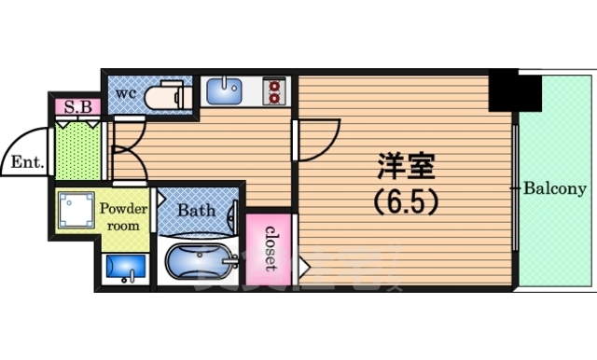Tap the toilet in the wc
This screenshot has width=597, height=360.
(170, 94)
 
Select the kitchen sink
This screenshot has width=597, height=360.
(223, 91)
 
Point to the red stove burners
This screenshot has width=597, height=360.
(273, 90)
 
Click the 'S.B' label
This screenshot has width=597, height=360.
(77, 107)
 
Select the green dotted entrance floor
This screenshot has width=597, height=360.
(76, 149)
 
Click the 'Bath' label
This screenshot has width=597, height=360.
(197, 211)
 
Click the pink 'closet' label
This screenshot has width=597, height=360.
(271, 247)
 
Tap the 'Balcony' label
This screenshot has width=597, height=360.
(554, 188)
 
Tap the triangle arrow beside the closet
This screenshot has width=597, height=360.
(303, 268)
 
